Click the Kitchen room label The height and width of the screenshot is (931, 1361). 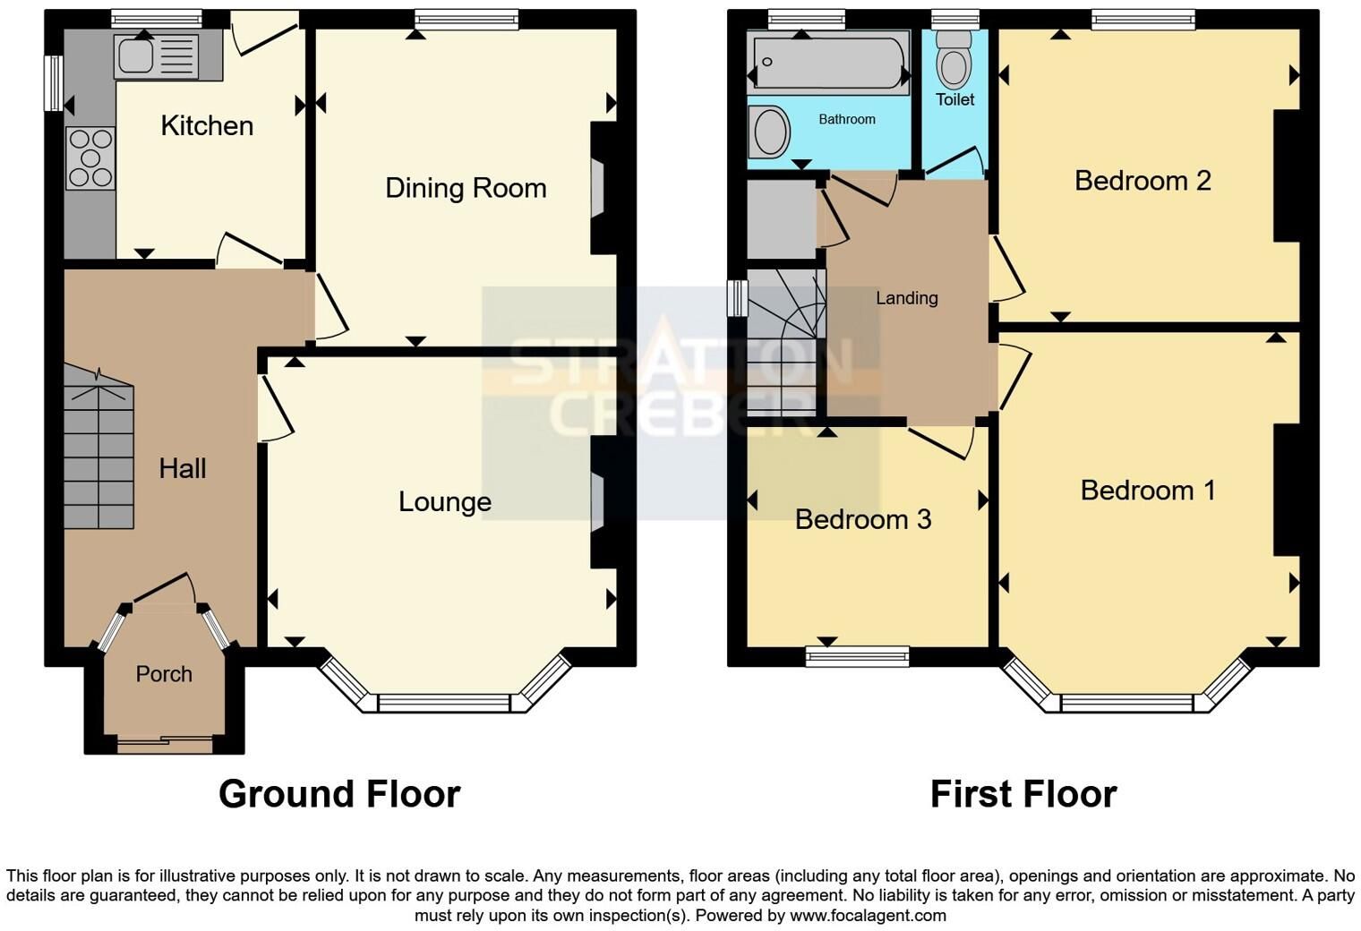pyautogui.click(x=207, y=125)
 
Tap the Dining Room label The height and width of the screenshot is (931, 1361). pyautogui.click(x=466, y=188)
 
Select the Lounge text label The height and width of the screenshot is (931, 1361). pyautogui.click(x=445, y=502)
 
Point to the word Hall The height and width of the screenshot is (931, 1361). pyautogui.click(x=183, y=468)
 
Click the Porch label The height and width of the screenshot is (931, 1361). pyautogui.click(x=164, y=673)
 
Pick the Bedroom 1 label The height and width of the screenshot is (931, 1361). pyautogui.click(x=1148, y=490)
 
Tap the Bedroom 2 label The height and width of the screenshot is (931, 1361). pyautogui.click(x=1143, y=180)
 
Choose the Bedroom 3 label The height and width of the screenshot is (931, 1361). pyautogui.click(x=863, y=519)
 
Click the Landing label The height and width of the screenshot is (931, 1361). pyautogui.click(x=906, y=297)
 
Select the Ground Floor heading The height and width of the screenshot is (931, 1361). pyautogui.click(x=339, y=794)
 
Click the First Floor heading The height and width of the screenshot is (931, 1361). pyautogui.click(x=1023, y=794)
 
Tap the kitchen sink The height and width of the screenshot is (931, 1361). pyautogui.click(x=156, y=56)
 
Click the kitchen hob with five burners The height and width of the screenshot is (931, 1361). pyautogui.click(x=90, y=158)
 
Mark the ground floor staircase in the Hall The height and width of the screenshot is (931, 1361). pyautogui.click(x=98, y=446)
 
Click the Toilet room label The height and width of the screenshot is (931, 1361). pyautogui.click(x=954, y=99)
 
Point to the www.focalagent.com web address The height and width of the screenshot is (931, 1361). pyautogui.click(x=868, y=915)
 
